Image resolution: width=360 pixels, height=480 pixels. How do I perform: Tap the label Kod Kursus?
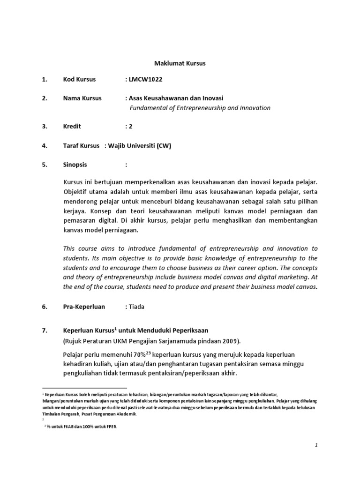point(79,79)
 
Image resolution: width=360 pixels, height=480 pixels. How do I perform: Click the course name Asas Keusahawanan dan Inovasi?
point(176,98)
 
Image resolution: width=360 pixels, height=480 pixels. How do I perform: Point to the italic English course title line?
point(200,108)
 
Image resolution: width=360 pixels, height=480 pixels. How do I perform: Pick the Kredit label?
point(72,127)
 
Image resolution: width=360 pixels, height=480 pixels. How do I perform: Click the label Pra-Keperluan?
point(84,307)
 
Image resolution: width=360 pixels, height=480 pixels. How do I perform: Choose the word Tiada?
point(138,307)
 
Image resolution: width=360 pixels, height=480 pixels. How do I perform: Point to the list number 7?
point(45,330)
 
